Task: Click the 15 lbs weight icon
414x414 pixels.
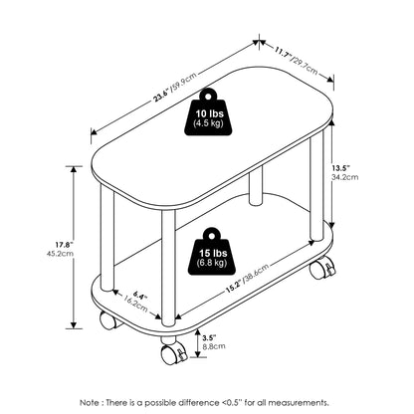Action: coord(212,252)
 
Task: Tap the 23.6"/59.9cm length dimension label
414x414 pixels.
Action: coord(175,87)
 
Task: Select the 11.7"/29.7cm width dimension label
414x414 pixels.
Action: coord(296,61)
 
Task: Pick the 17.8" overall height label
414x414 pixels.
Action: coord(64,245)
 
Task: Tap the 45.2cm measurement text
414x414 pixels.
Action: coord(61,254)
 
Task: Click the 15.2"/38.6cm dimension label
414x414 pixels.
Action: coord(247,279)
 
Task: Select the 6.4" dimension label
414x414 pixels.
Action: coord(140,296)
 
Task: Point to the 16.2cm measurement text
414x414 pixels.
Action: coord(135,304)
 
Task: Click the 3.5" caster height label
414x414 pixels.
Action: coord(210,338)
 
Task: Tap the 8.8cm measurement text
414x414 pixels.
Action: coord(214,346)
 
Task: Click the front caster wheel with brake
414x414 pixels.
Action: coord(174,353)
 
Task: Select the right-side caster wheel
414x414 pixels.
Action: coord(321,269)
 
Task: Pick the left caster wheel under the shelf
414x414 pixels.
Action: coord(108,320)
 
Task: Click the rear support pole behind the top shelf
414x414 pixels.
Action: coord(256,185)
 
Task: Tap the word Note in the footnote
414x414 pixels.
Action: coord(90,403)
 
